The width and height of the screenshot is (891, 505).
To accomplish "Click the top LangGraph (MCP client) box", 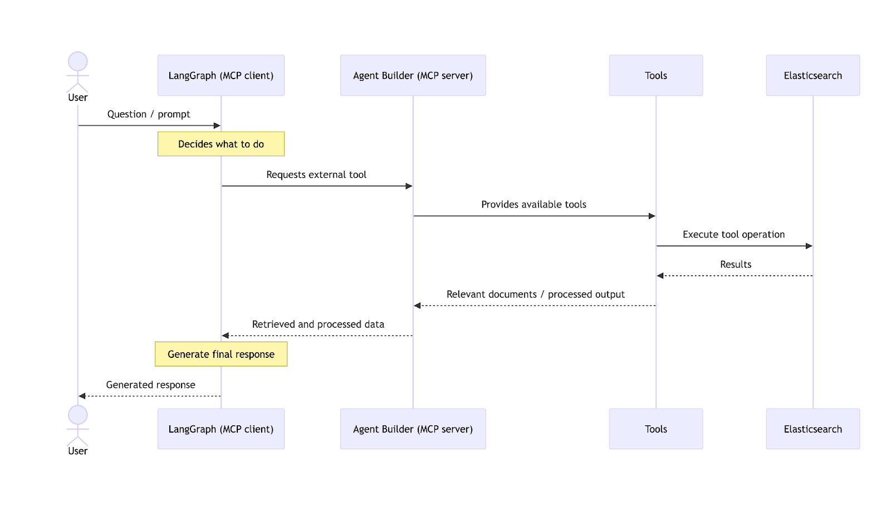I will coord(221,75).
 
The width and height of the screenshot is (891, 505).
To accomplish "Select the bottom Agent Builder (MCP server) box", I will coord(413,429).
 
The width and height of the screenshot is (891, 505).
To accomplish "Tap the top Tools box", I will coord(655,75).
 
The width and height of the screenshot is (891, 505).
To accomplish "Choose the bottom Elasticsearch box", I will coord(812,429).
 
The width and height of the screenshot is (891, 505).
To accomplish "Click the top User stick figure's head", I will coord(78,61).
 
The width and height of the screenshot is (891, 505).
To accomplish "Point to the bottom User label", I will coord(78,451).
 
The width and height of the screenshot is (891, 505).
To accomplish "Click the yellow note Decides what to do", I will coord(221,144).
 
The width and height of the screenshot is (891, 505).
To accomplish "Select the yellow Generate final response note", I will coord(221,354).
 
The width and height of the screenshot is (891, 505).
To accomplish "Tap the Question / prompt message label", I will coord(149,114).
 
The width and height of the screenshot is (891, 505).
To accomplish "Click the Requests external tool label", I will coord(316,174).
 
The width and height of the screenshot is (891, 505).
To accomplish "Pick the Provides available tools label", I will coord(533,205).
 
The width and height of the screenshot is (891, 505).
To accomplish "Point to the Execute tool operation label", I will coord(733,235).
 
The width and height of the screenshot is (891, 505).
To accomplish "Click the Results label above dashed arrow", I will coord(736,264).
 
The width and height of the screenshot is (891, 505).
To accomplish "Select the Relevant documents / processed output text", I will coord(535,294).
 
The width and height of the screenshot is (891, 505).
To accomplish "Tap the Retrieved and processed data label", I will coord(318,324).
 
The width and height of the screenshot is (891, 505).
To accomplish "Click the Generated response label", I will coord(150,385).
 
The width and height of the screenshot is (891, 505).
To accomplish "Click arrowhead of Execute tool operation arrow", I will coord(809,246).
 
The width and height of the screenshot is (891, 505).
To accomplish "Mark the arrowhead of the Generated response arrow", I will coord(82,396).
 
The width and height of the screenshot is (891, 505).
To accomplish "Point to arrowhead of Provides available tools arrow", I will coord(652,216).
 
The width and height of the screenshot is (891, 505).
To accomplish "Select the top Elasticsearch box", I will coord(812,75).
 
